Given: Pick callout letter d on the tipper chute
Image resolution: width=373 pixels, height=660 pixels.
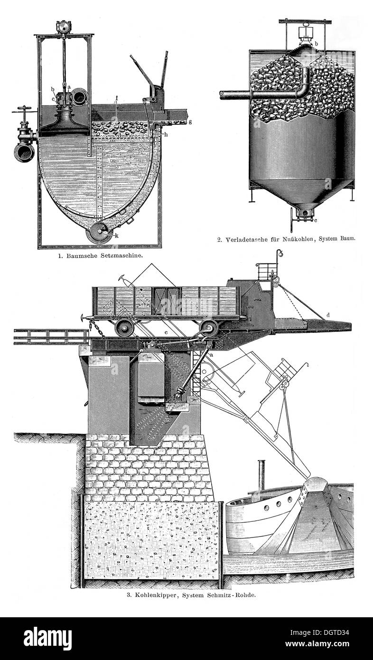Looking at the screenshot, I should coord(328,315).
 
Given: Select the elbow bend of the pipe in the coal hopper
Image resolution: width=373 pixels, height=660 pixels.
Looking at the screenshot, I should coord(303,91).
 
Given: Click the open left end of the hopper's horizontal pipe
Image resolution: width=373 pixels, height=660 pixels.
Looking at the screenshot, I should coord(222,94).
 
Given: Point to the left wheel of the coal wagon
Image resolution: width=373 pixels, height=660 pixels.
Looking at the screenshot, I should coord(124,327).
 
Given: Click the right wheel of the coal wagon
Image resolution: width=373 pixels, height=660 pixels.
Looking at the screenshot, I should coord(208,328).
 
